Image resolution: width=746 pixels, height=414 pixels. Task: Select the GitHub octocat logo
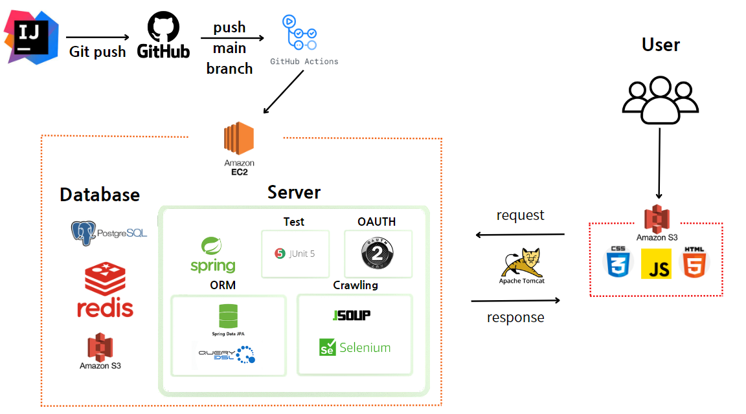tap(163, 28)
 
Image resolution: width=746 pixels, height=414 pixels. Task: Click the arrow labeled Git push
tap(98, 38)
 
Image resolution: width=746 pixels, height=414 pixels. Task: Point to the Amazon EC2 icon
tap(239, 140)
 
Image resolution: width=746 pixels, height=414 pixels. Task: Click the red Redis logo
tap(105, 279)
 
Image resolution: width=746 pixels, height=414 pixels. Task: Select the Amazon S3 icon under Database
tap(100, 347)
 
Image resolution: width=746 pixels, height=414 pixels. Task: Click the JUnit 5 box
tap(295, 254)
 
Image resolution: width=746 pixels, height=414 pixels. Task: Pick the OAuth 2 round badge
tap(377, 254)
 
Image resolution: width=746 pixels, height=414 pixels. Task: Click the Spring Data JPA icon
tap(228, 316)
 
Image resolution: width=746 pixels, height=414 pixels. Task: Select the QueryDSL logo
tap(227, 354)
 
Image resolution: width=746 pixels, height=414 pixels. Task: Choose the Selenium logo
tap(355, 347)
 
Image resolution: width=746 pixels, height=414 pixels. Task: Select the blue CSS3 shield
tap(616, 263)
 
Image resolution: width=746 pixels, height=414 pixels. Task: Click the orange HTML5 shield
tap(695, 263)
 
